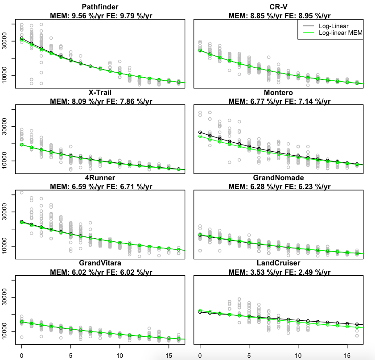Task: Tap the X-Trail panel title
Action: [100, 92]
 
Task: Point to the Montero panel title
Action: [278, 92]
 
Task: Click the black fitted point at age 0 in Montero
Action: [200, 132]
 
